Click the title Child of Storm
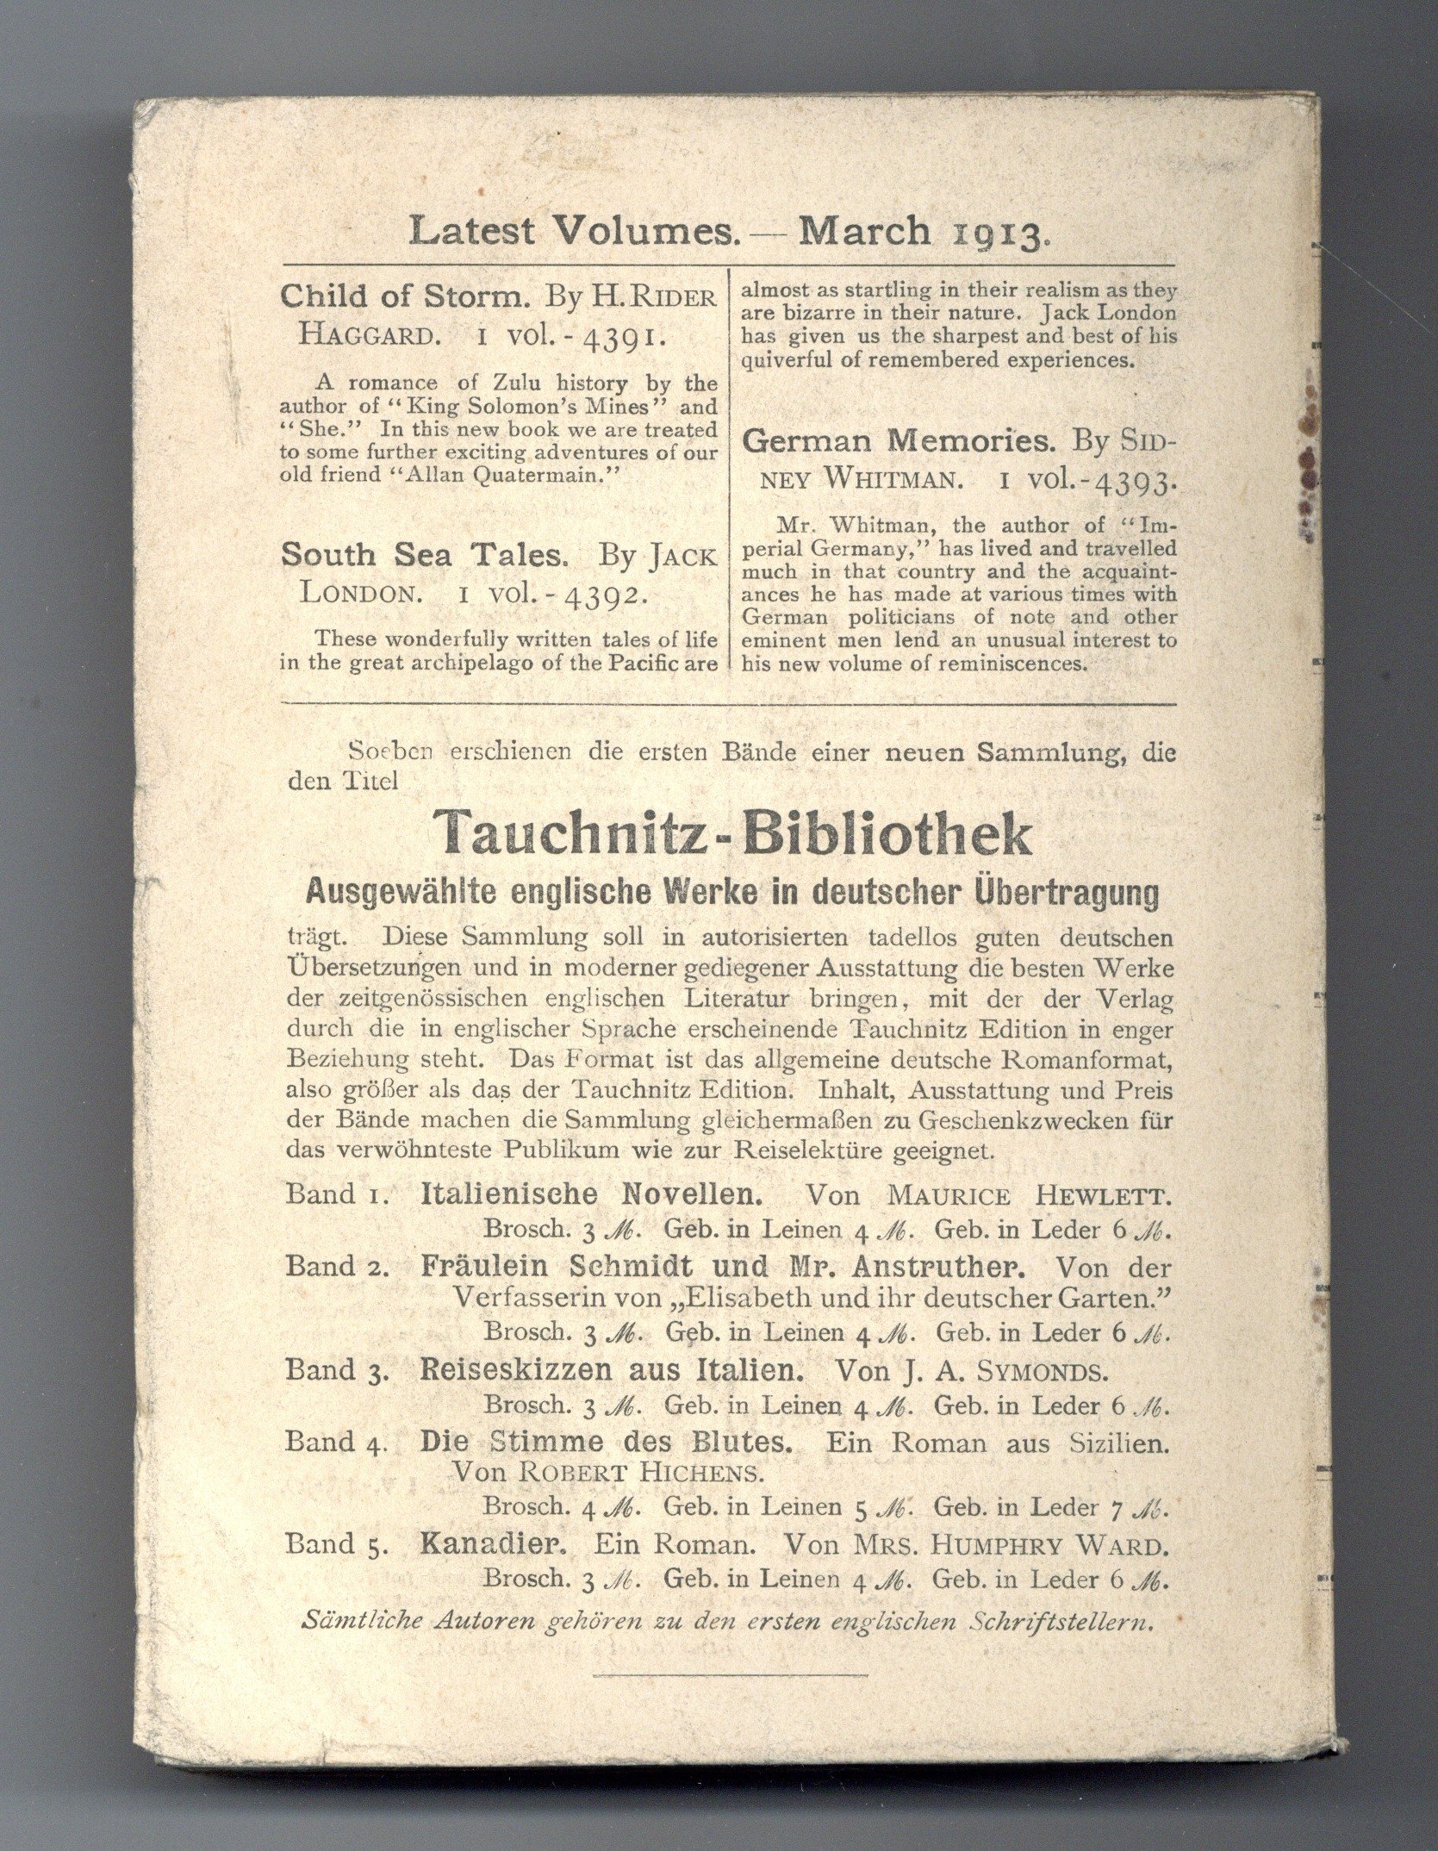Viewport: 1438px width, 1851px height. pos(404,297)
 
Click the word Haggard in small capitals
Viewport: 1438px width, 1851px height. pos(362,336)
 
